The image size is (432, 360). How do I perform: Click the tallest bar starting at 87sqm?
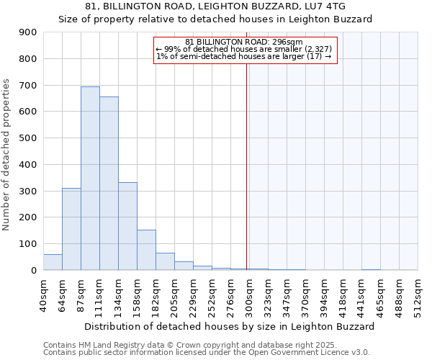[x=90, y=178]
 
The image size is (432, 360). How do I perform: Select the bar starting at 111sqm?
[x=109, y=183]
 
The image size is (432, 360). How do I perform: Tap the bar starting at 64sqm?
[x=71, y=229]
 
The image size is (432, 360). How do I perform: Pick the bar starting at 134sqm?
[x=127, y=226]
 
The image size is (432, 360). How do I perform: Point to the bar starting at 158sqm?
[x=146, y=250]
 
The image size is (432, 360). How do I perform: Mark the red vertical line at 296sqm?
[x=247, y=166]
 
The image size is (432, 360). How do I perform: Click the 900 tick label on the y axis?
[x=28, y=32]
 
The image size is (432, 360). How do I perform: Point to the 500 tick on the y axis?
[x=28, y=138]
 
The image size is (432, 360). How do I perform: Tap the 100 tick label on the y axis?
[x=28, y=244]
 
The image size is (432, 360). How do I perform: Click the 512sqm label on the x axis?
[x=418, y=293]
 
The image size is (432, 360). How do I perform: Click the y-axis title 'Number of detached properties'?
[x=6, y=155]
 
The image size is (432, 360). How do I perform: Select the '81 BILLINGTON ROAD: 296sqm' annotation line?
[x=244, y=42]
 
